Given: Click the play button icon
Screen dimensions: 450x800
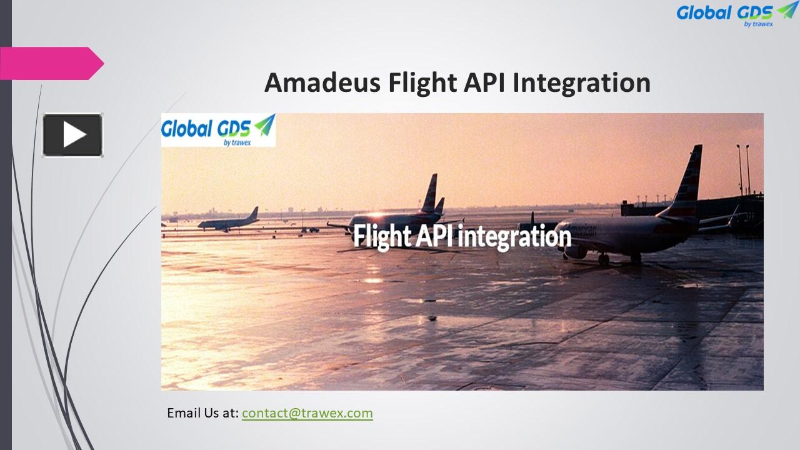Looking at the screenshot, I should pos(72,135).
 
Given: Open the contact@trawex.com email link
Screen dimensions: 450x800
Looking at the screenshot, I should pos(307,413).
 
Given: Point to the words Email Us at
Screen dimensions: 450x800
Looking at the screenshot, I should pos(202,413).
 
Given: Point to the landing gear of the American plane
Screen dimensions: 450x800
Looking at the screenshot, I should pos(604,258).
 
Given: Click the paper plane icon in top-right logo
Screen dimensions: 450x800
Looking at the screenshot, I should pos(787,9).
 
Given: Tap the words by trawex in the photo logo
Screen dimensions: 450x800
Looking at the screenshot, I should pos(236,142).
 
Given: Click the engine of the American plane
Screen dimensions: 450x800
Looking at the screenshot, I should pos(575,251).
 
